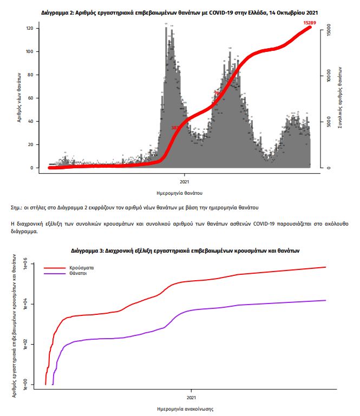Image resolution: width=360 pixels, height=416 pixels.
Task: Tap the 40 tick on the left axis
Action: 31,121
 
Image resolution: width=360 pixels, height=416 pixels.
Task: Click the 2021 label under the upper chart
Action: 184,176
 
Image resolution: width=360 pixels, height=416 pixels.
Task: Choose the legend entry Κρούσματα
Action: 82,267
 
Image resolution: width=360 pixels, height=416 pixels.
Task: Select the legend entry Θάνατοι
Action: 79,274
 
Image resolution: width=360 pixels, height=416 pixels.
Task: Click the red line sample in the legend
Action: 54,267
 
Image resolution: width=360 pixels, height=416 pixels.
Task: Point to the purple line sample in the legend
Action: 54,274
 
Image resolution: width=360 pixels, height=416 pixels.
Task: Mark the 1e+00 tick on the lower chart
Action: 25,384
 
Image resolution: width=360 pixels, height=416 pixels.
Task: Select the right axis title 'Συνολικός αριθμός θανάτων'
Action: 339,97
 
